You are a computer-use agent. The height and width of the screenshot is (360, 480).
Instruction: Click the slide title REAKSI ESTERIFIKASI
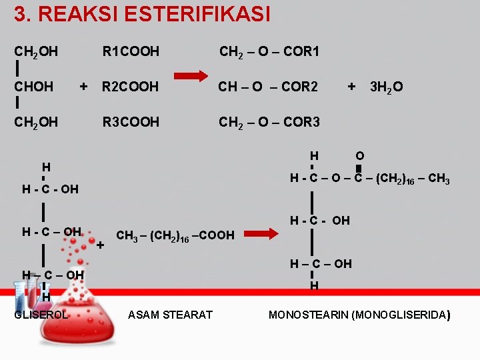pyautogui.click(x=142, y=14)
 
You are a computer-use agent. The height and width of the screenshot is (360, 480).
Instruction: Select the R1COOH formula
pyautogui.click(x=131, y=51)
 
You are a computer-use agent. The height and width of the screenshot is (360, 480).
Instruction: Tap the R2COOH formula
pyautogui.click(x=131, y=87)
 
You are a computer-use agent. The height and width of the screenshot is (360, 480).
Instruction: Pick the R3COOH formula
pyautogui.click(x=131, y=122)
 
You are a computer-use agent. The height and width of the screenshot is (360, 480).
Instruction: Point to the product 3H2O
pyautogui.click(x=386, y=87)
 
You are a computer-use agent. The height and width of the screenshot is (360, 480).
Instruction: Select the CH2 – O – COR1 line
pyautogui.click(x=270, y=51)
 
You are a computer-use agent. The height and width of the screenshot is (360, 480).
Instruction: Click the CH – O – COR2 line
pyautogui.click(x=269, y=87)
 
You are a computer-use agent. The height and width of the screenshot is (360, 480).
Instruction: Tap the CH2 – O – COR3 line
pyautogui.click(x=270, y=122)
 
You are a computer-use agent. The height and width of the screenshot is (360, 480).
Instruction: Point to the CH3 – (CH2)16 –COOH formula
pyautogui.click(x=175, y=235)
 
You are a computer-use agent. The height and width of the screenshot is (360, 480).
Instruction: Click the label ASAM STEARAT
pyautogui.click(x=170, y=314)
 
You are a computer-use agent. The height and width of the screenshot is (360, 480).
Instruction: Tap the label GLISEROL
pyautogui.click(x=41, y=314)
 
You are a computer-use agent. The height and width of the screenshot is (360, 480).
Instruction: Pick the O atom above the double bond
pyautogui.click(x=359, y=155)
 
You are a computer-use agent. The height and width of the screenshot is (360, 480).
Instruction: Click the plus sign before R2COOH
pyautogui.click(x=83, y=86)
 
